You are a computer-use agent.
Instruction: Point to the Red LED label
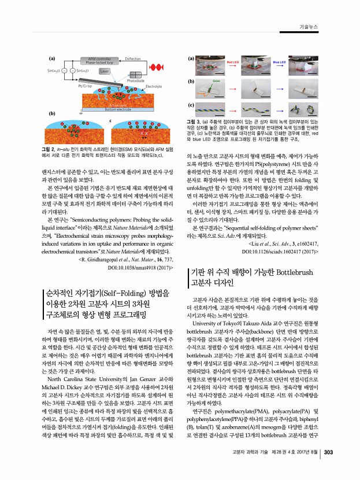(233, 60)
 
